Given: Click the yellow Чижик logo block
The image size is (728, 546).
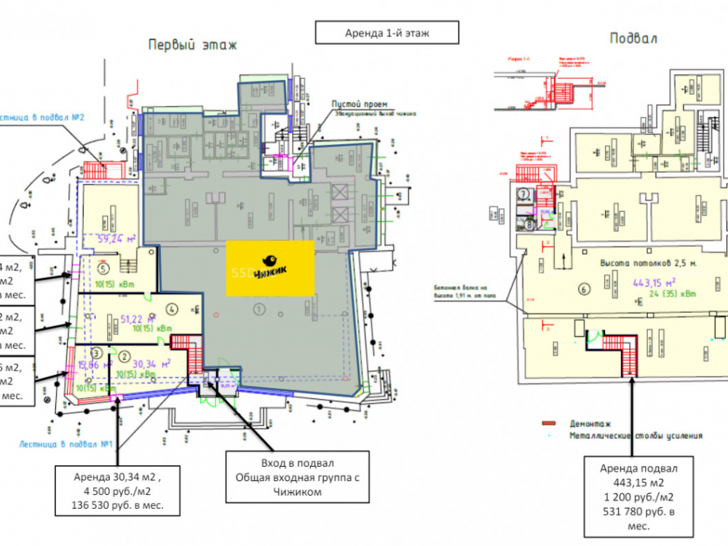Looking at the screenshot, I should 269,267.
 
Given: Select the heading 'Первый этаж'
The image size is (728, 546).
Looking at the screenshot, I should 192,44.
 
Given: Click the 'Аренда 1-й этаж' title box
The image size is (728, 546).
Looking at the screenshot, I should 387,33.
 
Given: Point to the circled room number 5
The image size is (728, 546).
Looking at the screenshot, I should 103,266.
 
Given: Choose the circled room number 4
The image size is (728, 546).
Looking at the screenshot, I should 172,306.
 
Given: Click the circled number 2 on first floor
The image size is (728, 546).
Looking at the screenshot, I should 124,356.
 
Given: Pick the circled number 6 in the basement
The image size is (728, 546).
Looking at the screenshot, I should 582,288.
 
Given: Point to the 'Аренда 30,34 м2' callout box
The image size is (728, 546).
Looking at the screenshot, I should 118,491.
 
